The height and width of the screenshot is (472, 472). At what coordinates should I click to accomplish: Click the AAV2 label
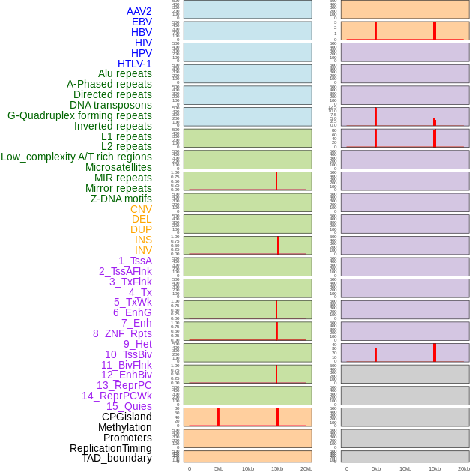coord(139,11)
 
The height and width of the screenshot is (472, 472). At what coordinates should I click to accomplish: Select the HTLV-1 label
coord(134,64)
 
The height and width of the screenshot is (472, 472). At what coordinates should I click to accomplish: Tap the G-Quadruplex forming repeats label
coord(79,115)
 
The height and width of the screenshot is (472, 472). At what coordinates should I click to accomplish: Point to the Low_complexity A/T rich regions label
coord(76,157)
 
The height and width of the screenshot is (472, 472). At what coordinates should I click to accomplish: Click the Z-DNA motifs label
coord(121,199)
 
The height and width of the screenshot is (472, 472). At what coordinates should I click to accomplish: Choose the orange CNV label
coord(141,209)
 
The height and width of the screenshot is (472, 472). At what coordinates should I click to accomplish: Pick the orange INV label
coord(143,250)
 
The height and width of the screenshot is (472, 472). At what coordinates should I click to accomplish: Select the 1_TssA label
coord(135,261)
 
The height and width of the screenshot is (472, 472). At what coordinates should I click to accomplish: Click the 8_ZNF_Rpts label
coord(122,333)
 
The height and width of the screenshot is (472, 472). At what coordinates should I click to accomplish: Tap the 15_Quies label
coord(129,406)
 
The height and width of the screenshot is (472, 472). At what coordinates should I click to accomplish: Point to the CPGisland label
coord(127,417)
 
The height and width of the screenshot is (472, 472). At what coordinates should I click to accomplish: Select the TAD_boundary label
coord(117,458)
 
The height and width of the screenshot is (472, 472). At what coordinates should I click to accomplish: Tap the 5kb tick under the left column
coord(219,468)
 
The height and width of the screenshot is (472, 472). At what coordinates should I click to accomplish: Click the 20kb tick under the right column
coord(464,468)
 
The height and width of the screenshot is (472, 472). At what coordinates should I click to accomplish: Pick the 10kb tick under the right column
coord(405,468)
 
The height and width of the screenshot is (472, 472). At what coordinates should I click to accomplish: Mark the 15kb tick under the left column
coord(276,468)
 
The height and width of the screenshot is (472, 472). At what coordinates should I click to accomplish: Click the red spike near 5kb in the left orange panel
coord(218,417)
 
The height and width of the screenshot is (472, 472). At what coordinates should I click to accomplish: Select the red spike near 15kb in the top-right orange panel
coord(435,31)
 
